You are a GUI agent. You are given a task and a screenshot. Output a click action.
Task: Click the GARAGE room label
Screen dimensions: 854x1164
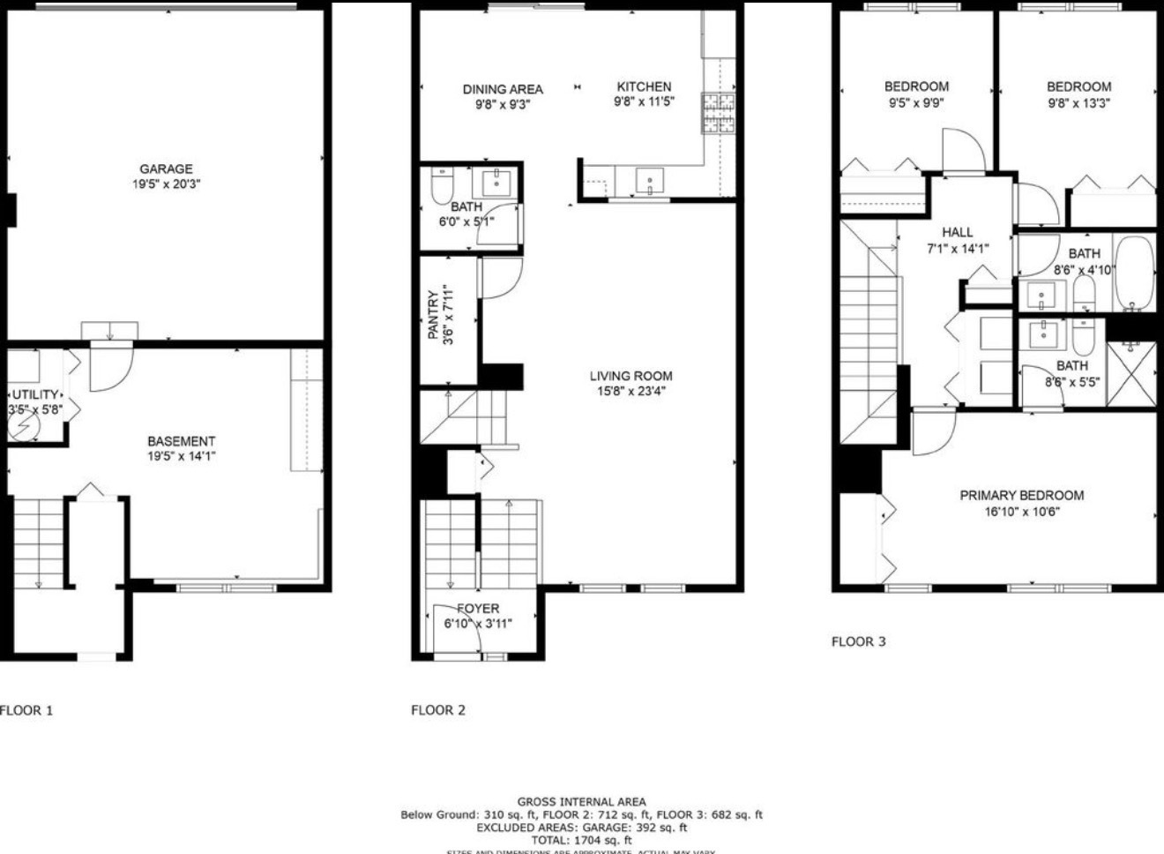coord(166,169)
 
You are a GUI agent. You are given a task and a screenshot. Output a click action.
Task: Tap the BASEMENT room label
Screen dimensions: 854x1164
coord(181,441)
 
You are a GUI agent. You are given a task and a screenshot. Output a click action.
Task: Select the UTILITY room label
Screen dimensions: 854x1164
coord(35,394)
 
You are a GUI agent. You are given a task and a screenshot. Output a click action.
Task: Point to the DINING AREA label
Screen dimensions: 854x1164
coord(503,89)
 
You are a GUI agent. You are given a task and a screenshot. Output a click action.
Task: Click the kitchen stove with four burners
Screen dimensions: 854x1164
coord(719,113)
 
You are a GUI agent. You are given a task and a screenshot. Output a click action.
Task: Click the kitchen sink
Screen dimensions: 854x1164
coord(651,183)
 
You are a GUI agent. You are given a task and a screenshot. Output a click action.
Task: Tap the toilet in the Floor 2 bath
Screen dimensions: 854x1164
coord(441,187)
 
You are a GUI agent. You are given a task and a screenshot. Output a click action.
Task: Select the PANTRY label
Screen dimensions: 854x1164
coord(433,315)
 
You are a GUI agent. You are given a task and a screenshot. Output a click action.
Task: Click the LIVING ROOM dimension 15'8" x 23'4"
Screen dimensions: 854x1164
coord(630,391)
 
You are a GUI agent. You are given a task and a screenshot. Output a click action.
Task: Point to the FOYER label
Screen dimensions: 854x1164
coord(478,609)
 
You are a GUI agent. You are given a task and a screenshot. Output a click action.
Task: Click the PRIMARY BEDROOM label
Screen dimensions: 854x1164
coord(1021,495)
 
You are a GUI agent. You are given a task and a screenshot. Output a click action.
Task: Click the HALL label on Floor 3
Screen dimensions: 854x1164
coord(957,233)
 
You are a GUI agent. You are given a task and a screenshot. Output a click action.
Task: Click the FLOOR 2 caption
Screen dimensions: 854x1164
coord(437,710)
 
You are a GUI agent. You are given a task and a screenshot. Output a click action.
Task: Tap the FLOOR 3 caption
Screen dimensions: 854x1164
coord(858,641)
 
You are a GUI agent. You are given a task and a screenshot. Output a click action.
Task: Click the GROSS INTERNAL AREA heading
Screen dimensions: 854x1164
coord(581,802)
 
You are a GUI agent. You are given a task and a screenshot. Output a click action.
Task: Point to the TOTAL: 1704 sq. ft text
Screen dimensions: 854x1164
coord(581,840)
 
